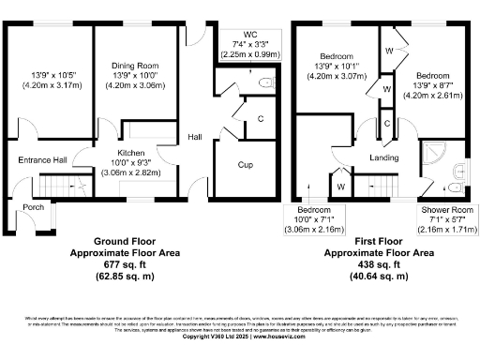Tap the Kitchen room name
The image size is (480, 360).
click(129, 152)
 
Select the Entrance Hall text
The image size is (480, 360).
click(42, 160)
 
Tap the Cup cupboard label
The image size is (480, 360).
click(245, 165)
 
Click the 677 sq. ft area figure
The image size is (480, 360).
click(106, 264)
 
